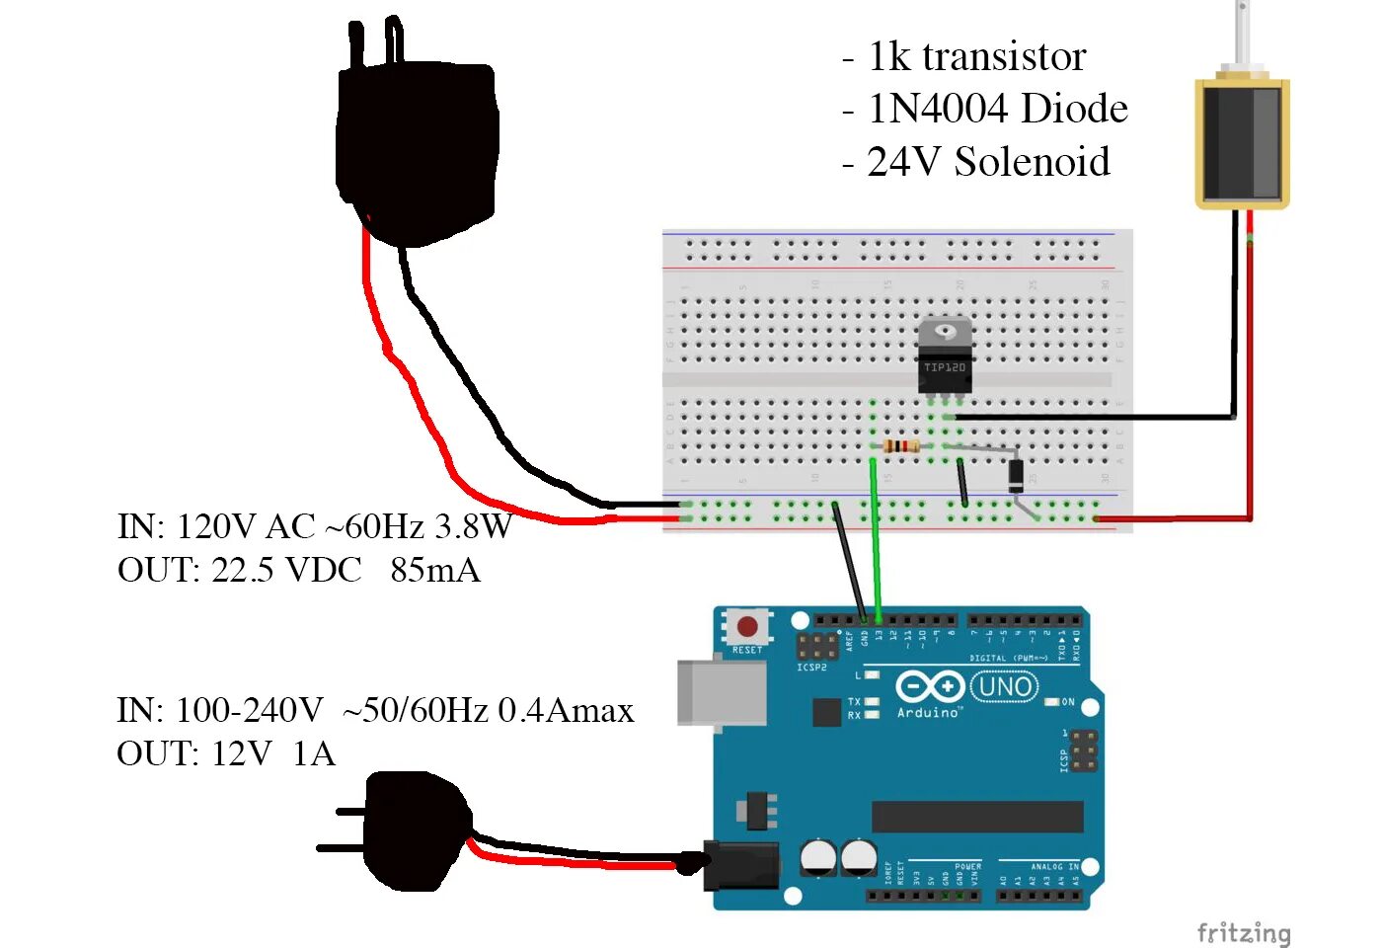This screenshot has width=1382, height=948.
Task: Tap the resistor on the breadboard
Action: coord(901,446)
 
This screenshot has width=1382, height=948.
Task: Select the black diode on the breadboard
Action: coord(1016,476)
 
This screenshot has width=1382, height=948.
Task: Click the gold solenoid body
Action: coord(1242,144)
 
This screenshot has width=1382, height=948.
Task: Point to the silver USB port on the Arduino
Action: coord(722,692)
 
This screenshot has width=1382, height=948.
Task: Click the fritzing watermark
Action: coord(1243,932)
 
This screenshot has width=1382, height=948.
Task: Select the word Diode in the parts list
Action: coord(1074,109)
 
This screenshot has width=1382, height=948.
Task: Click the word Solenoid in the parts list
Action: coord(1032,162)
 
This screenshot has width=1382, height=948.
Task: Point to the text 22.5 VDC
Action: coord(286,570)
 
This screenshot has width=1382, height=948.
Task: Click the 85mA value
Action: coord(434,570)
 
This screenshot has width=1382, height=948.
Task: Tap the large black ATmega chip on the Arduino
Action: coord(977,817)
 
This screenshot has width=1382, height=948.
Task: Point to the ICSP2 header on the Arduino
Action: coord(817,647)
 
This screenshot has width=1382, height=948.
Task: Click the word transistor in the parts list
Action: coord(1004,57)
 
